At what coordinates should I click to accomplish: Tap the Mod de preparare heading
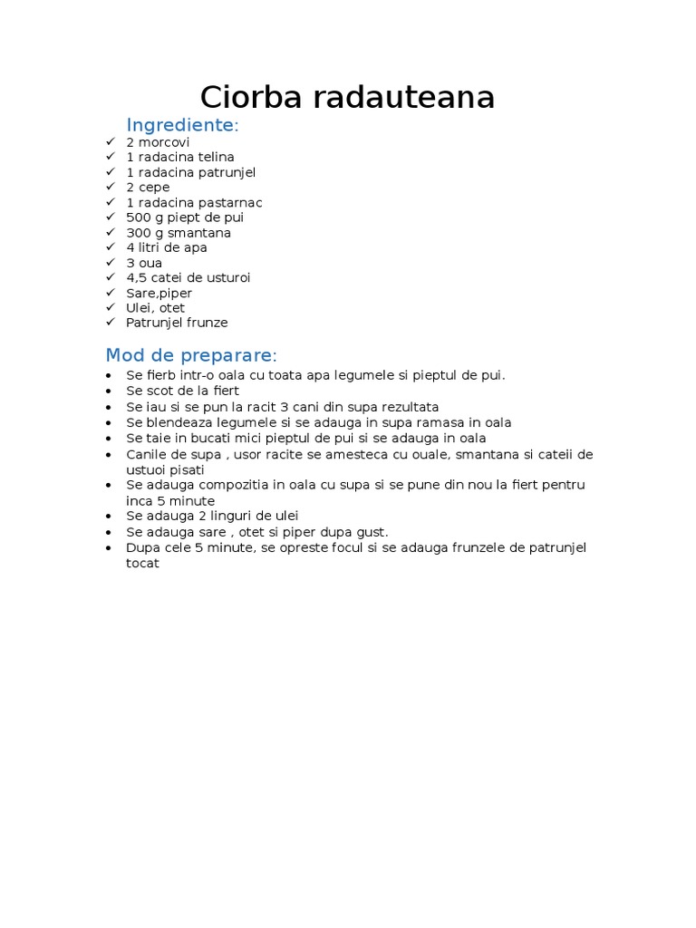click(x=191, y=354)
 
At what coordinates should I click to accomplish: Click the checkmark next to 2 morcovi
click(x=111, y=142)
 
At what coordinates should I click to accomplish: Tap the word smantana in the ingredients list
click(x=199, y=233)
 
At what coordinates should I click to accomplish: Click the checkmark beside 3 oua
click(x=111, y=263)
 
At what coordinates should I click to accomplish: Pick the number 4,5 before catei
click(x=137, y=277)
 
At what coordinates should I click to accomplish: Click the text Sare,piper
click(x=159, y=293)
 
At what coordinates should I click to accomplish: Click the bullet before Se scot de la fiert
click(x=110, y=391)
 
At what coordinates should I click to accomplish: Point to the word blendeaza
click(x=175, y=422)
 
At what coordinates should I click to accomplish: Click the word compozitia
click(x=225, y=485)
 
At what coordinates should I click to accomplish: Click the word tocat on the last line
click(x=143, y=563)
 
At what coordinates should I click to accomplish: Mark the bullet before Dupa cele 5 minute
click(x=110, y=548)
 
